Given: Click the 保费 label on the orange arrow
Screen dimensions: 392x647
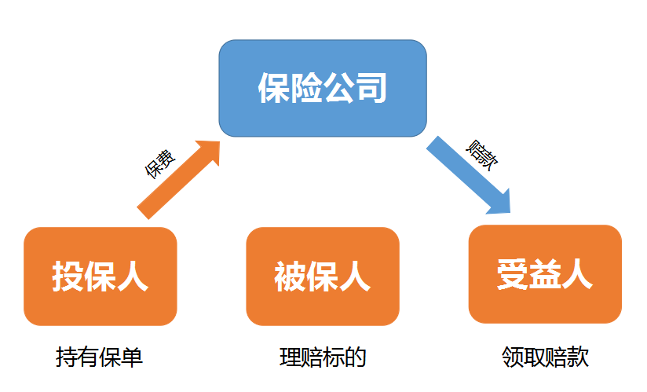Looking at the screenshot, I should tap(159, 163).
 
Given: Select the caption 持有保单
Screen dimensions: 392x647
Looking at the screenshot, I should tap(99, 358).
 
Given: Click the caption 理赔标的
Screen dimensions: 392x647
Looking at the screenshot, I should tap(323, 358).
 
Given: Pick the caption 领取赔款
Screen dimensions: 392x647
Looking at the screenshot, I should tap(545, 358).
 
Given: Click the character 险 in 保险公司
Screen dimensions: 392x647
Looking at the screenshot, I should tap(306, 87).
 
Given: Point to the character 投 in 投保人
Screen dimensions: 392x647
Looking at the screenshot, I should tap(68, 277).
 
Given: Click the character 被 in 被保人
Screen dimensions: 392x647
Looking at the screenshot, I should tap(291, 277).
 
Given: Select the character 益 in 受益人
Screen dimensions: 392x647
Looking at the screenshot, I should tap(545, 275).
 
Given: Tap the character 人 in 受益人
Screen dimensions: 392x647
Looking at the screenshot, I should tap(577, 275).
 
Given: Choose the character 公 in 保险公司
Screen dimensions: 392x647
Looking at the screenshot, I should tap(338, 87).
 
